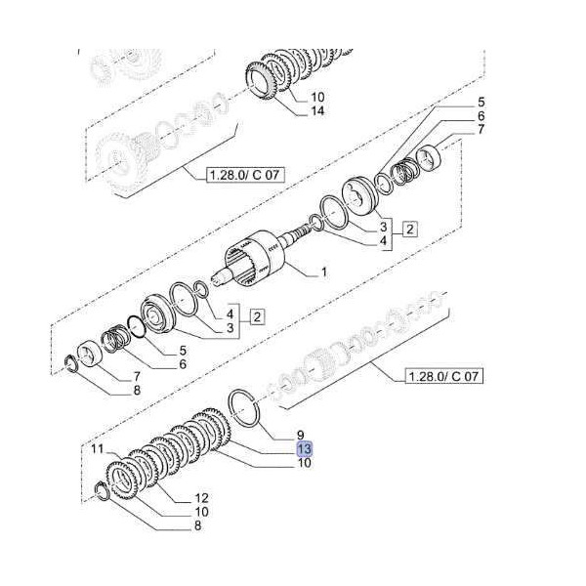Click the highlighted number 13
click(x=305, y=448)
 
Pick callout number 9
click(x=303, y=434)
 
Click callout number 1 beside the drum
click(x=324, y=270)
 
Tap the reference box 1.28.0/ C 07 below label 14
click(x=240, y=176)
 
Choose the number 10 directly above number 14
click(x=316, y=97)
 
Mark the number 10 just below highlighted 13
click(x=305, y=463)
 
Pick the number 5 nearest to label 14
click(x=481, y=103)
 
